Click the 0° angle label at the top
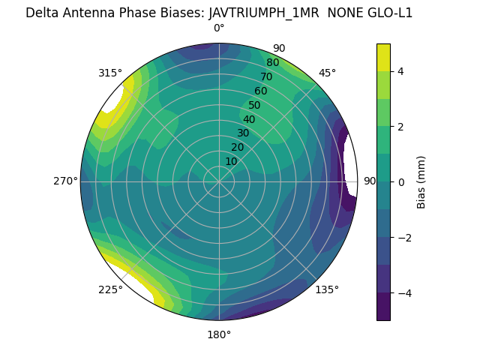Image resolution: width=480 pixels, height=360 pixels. coord(219,28)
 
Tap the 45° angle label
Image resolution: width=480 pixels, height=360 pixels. coord(327,73)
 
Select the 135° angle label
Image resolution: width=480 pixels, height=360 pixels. coord(327,289)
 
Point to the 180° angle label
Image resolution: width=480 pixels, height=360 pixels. coord(219,334)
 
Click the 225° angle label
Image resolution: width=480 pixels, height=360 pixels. coord(110,289)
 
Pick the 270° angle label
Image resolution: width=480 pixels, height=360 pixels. coord(65,181)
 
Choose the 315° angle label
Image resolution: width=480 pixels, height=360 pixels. coord(110,73)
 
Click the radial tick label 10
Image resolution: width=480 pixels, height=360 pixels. coord(231,161)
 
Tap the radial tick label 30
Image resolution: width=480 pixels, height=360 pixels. coord(243,133)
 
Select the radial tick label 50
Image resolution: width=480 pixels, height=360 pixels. coord(254,106)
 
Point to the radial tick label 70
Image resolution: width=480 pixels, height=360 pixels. coord(266,77)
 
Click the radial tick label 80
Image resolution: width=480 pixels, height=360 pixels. coord(272,63)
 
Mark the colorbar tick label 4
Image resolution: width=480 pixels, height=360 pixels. coord(400,71)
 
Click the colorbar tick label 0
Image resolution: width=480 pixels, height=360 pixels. coord(400,181)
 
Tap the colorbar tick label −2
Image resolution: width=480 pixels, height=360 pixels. coord(403,237)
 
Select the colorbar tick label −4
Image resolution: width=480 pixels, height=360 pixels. coord(403,292)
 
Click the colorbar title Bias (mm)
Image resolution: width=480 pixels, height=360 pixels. coord(421,181)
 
